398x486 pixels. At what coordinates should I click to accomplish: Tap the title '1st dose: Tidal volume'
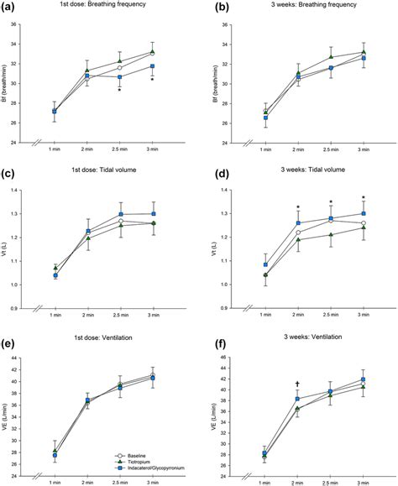pyautogui.click(x=87, y=173)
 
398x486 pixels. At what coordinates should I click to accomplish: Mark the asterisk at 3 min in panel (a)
pyautogui.click(x=152, y=81)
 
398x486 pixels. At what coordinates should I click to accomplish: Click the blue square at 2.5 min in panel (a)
pyautogui.click(x=120, y=77)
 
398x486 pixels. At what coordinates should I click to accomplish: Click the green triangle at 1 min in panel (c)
pyautogui.click(x=55, y=267)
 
